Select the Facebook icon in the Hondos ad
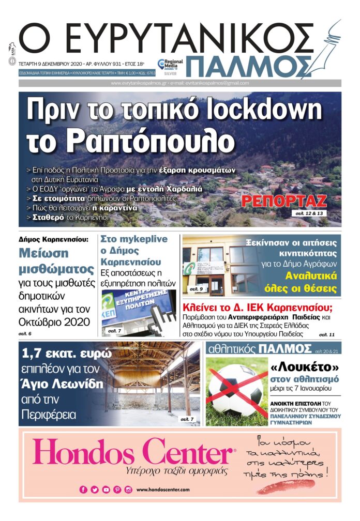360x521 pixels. pos(83,489)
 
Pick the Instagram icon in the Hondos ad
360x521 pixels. pos(128,489)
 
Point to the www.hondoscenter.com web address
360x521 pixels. pos(163,489)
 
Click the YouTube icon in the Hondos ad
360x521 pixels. pos(106,489)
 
